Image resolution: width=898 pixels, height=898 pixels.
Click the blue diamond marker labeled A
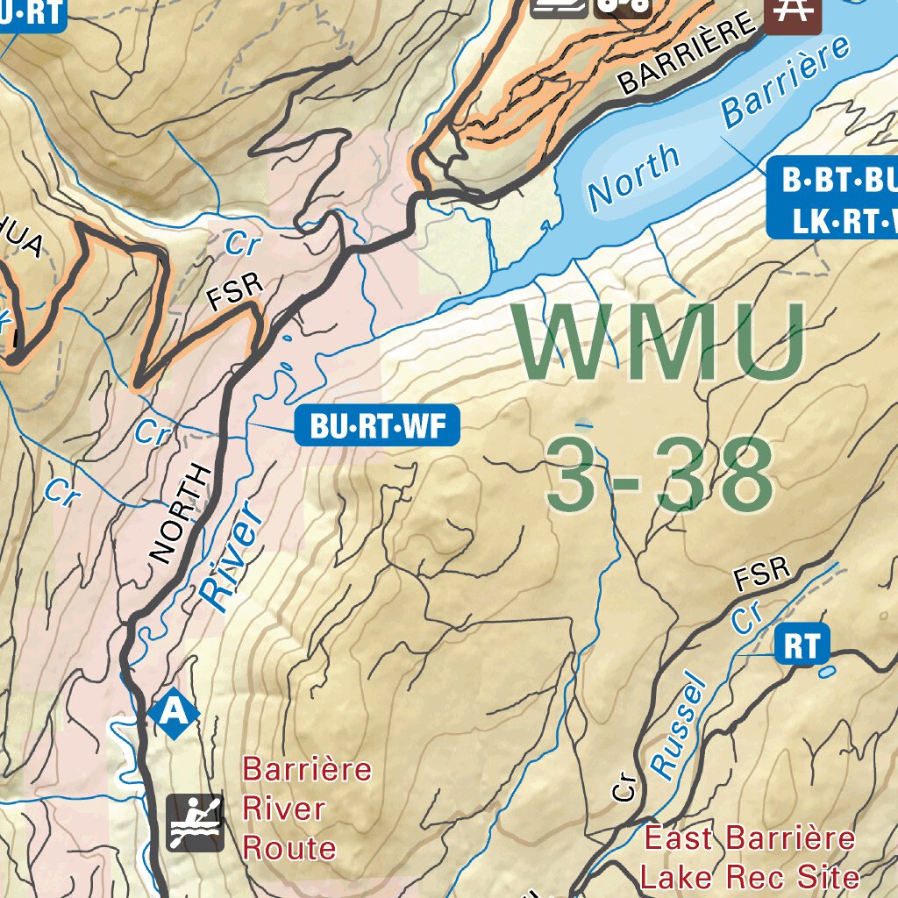[173, 712]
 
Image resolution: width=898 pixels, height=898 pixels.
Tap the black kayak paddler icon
[195, 823]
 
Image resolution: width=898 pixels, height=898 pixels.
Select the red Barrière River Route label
[306, 809]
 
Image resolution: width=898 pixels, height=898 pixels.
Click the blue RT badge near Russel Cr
[802, 647]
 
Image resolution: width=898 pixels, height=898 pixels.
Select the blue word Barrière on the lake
[785, 83]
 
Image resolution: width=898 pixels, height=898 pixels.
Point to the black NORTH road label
[181, 513]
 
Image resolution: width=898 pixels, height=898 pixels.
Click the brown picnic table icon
[792, 12]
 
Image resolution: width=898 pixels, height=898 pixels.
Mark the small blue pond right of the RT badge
[826, 673]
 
